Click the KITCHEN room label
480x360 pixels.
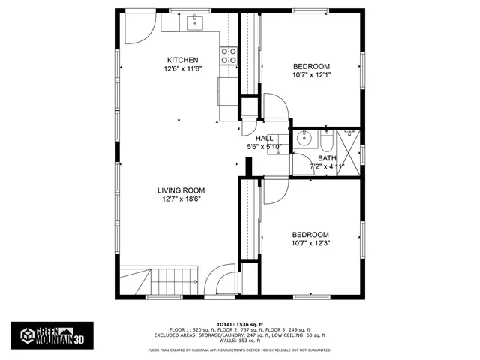[182, 60]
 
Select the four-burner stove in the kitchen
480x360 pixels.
[229, 56]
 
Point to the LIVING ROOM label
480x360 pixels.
[181, 190]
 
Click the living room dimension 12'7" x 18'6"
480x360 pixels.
[181, 199]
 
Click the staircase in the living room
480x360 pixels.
[173, 283]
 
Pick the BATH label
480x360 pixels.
[327, 158]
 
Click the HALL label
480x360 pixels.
[264, 139]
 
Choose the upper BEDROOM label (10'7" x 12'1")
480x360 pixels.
[311, 66]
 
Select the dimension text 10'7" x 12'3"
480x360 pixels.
[311, 243]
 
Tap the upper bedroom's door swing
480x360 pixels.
[271, 106]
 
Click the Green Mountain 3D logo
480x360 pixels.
[52, 334]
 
